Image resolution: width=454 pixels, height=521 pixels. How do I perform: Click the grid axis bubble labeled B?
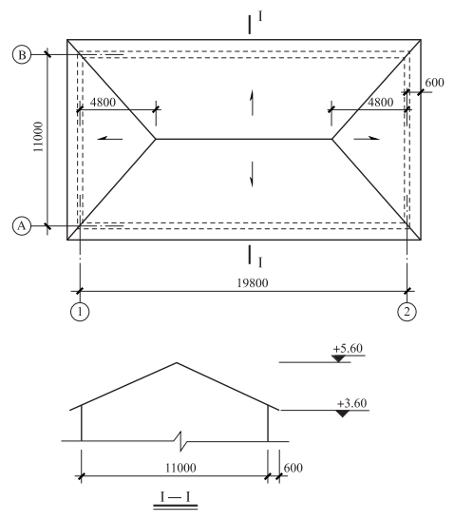pos(22,55)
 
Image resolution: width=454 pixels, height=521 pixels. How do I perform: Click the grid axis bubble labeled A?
pos(22,226)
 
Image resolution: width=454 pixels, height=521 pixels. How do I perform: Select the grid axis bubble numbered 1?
pos(80,312)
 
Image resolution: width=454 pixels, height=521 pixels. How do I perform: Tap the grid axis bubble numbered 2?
pos(407,312)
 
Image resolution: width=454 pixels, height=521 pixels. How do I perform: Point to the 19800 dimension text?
pos(253,283)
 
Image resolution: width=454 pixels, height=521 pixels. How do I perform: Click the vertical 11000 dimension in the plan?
pos(38,137)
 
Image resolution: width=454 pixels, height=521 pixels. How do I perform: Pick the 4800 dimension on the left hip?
pos(103,102)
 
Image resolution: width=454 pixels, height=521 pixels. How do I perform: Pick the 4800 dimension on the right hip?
pos(380,102)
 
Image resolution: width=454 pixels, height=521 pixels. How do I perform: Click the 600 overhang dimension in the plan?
pos(434,83)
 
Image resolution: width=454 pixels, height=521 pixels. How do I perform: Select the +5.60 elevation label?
pos(348,348)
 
